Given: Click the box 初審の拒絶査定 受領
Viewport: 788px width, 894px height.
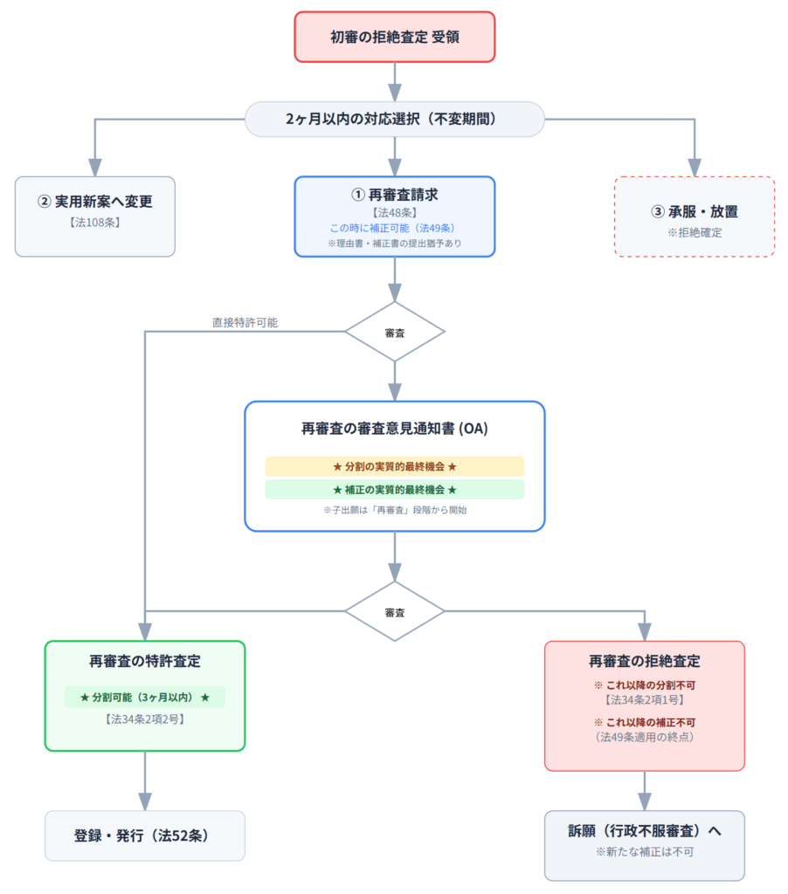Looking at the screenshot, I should pyautogui.click(x=395, y=38).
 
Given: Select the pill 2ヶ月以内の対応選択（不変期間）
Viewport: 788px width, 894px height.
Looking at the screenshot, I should pyautogui.click(x=395, y=120).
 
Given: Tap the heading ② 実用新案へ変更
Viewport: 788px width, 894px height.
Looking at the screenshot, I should pyautogui.click(x=95, y=202).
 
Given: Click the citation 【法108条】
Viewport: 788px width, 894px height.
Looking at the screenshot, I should pyautogui.click(x=95, y=223).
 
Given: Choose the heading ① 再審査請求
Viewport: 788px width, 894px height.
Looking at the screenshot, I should pyautogui.click(x=395, y=195).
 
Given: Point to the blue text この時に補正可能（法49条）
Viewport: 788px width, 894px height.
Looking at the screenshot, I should pyautogui.click(x=395, y=228).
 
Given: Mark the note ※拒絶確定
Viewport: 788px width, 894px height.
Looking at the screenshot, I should pyautogui.click(x=695, y=233).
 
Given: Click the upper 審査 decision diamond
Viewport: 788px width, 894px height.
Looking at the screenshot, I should pyautogui.click(x=395, y=332).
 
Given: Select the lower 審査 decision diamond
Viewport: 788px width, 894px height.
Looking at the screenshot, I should pyautogui.click(x=395, y=611).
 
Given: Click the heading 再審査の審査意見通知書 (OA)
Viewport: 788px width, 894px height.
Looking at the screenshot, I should pyautogui.click(x=395, y=430).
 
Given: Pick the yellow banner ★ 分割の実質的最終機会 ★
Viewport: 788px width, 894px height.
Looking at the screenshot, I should pyautogui.click(x=395, y=466).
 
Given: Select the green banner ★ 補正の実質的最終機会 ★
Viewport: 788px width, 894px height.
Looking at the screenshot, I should pyautogui.click(x=395, y=490).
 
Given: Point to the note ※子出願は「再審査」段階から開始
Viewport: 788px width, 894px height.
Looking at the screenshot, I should pyautogui.click(x=395, y=510).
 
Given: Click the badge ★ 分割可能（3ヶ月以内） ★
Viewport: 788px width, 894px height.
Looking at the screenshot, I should pyautogui.click(x=145, y=697).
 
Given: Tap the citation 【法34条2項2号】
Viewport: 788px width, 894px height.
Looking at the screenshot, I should pyautogui.click(x=145, y=719).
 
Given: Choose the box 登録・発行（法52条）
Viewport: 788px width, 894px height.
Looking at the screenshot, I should pyautogui.click(x=145, y=836).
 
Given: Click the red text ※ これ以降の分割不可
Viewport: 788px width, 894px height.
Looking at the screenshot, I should pyautogui.click(x=645, y=684).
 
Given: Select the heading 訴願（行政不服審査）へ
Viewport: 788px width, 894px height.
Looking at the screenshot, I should pyautogui.click(x=645, y=831).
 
